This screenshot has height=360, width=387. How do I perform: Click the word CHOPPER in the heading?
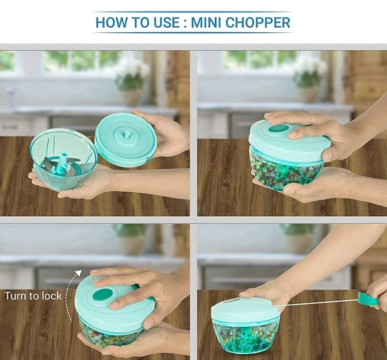(259, 23)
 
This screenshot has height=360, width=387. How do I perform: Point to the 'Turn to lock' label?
(33, 296)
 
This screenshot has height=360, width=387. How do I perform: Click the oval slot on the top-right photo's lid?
(279, 129)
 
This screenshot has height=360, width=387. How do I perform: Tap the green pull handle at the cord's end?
(368, 299)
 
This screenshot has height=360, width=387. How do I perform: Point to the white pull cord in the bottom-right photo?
(316, 303)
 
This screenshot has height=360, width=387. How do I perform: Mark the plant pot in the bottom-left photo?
(132, 243)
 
